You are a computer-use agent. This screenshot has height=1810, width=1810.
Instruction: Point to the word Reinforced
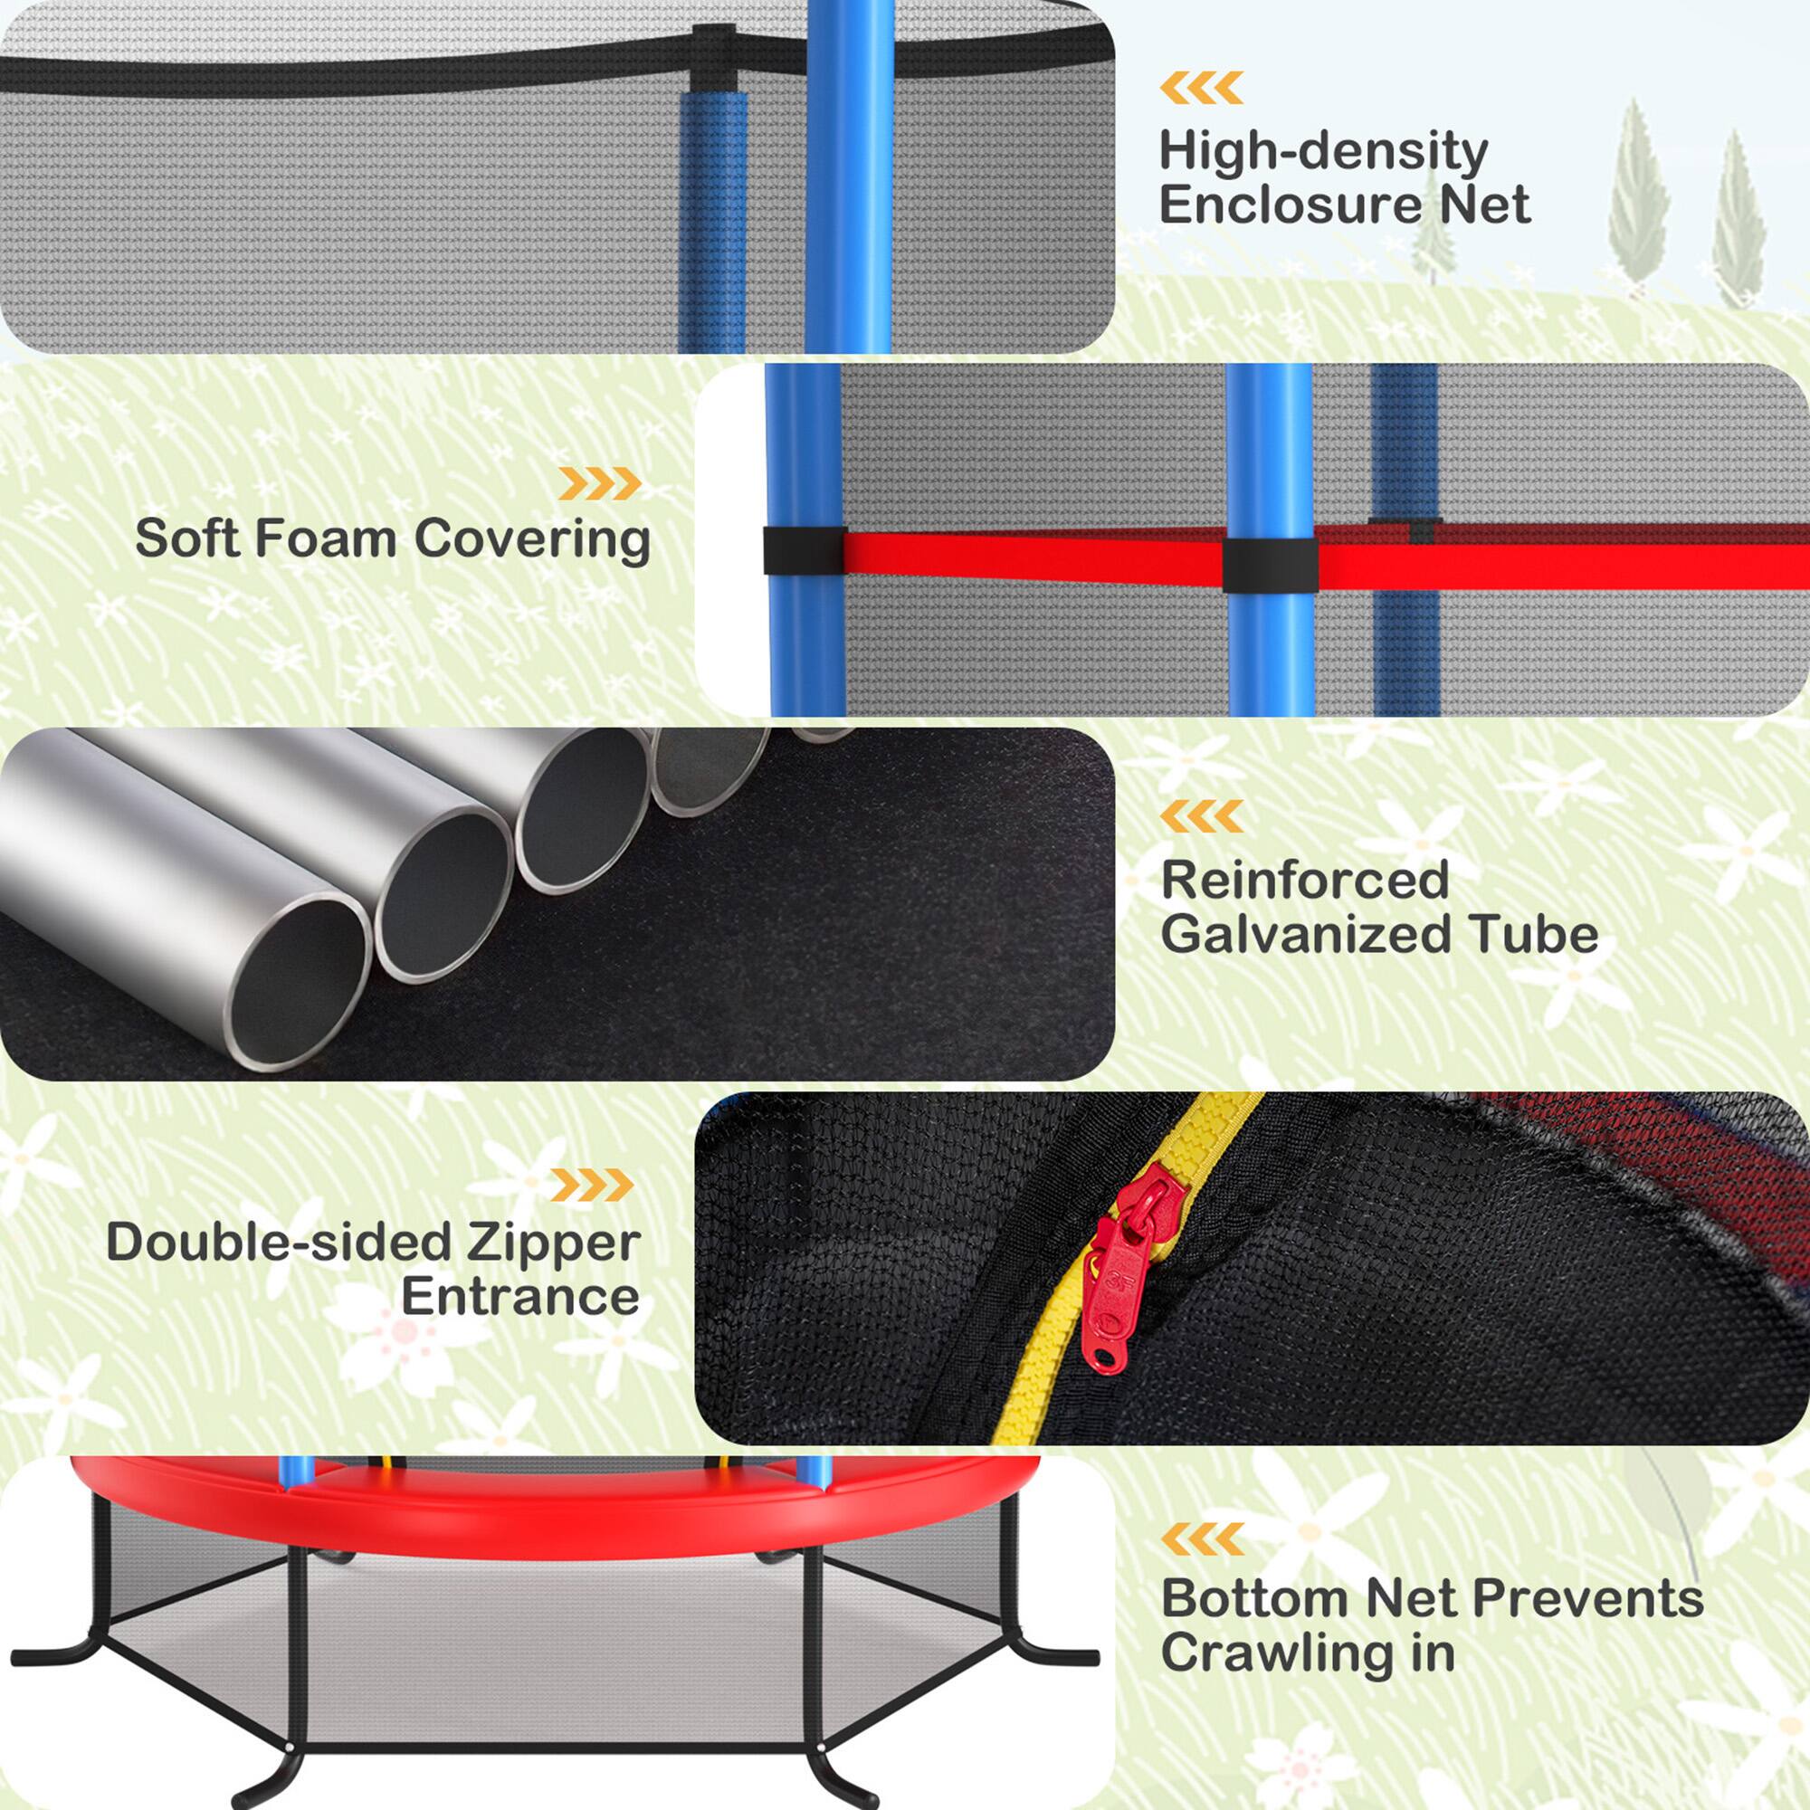click(x=1304, y=880)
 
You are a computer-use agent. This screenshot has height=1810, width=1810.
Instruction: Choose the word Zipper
click(x=553, y=1243)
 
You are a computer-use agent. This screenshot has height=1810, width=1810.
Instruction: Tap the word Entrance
click(x=520, y=1297)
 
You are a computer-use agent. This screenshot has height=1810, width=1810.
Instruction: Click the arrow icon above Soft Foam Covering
click(x=600, y=483)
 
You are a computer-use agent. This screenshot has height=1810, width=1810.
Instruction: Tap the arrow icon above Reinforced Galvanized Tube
click(x=1201, y=817)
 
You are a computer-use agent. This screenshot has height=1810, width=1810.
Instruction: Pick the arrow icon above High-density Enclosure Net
click(x=1201, y=87)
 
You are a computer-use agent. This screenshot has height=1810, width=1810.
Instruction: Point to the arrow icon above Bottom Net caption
click(x=1201, y=1538)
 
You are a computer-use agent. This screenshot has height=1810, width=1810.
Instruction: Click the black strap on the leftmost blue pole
click(x=804, y=551)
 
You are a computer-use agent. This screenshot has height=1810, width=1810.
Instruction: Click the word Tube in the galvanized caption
click(x=1546, y=934)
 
